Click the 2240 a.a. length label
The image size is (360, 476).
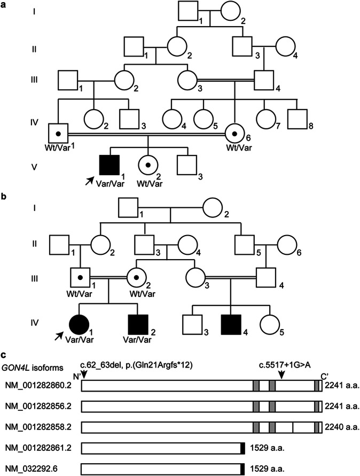(x=340, y=427)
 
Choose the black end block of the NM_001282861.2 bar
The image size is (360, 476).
(x=242, y=448)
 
